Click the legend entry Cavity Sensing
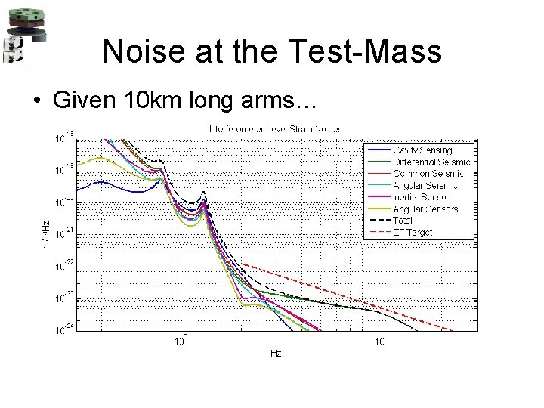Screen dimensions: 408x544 [422, 150]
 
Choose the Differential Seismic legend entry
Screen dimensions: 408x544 [431, 162]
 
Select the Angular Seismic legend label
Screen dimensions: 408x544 [425, 185]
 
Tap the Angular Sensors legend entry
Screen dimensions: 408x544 [425, 209]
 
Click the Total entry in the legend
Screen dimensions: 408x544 [403, 220]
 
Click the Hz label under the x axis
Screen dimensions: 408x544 [276, 354]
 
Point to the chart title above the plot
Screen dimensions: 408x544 [275, 129]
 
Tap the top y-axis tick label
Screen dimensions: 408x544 [63, 138]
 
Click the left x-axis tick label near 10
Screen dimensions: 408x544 [180, 342]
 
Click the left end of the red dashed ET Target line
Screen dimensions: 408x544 [243, 264]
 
